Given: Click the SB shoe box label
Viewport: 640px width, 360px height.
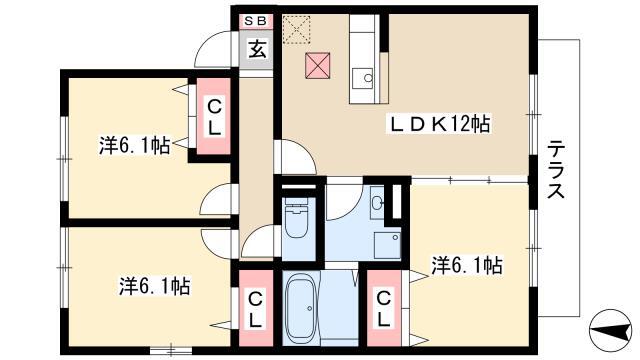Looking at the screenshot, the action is tap(256, 21).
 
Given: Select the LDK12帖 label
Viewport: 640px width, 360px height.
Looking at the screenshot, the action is tap(439, 124).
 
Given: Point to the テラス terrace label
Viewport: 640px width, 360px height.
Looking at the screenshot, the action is tap(556, 169).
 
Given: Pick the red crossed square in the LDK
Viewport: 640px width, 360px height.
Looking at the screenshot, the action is tap(318, 65).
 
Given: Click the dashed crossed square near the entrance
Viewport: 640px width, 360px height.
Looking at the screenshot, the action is tap(297, 30).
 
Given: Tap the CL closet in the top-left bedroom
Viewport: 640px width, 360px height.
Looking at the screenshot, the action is tap(214, 117).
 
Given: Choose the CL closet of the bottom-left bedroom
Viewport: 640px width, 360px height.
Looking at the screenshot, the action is tap(256, 308).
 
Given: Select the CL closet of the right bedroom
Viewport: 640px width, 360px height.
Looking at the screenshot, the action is tap(384, 308).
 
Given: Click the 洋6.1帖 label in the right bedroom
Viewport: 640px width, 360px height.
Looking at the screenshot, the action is tap(467, 265).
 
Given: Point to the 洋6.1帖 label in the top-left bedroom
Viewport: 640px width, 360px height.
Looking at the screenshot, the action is tap(135, 145).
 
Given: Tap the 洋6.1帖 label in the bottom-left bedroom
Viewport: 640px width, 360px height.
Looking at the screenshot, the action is tap(155, 286).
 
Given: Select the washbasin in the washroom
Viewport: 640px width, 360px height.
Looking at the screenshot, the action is tap(378, 201).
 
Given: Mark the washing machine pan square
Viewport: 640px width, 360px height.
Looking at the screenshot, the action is tap(387, 245).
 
